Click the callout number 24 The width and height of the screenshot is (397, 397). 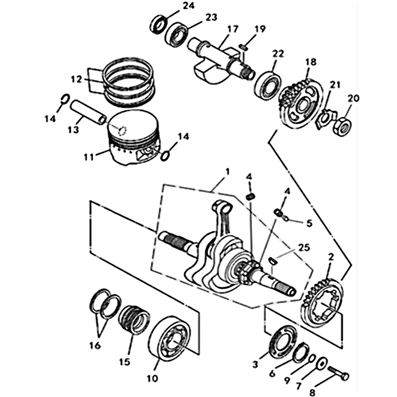click(189, 5)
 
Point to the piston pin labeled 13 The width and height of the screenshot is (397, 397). click(88, 113)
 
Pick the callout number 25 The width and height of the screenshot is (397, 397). click(304, 248)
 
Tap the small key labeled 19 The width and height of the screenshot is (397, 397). click(242, 47)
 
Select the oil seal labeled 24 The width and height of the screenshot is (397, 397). click(159, 24)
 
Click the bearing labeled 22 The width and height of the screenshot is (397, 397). click(267, 85)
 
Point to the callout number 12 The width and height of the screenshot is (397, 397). click(76, 80)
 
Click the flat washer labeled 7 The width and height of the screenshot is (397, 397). click(322, 364)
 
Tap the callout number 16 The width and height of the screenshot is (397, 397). click(95, 345)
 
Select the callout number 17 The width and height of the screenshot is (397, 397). click(233, 29)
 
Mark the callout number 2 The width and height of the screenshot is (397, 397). click(331, 257)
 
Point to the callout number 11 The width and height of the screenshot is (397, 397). click(89, 157)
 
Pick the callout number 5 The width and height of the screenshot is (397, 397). click(309, 223)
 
